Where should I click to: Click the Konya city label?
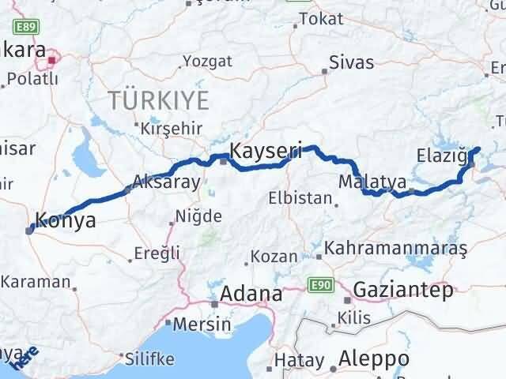(67, 221)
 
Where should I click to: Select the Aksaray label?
(167, 181)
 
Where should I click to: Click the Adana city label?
(251, 294)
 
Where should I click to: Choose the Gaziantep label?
(403, 290)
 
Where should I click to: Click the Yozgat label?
(207, 61)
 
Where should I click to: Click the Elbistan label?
(300, 198)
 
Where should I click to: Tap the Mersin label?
(202, 324)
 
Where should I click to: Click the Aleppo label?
(372, 360)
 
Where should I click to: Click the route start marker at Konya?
(29, 230)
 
